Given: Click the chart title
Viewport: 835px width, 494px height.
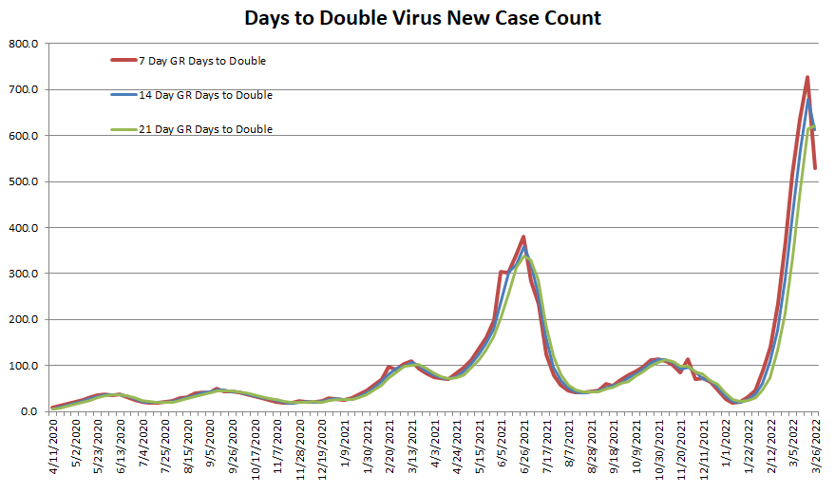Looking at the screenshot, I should pos(423,18).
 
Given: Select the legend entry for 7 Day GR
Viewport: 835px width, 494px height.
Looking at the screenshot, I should pos(201,61).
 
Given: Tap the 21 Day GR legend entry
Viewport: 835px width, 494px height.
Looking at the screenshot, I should pos(205,129).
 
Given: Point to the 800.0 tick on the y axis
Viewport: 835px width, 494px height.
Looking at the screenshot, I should pos(23,44).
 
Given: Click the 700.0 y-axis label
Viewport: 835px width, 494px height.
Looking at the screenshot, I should pos(23,90).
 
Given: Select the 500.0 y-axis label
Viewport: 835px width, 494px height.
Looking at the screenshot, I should pos(23,181).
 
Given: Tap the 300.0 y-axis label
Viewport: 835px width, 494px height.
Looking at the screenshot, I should pos(23,274).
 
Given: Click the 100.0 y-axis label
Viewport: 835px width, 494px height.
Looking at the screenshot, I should pos(23,366).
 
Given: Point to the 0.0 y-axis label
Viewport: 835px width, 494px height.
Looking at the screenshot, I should pos(28,411).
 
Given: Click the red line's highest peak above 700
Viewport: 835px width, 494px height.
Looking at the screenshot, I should pos(807,78).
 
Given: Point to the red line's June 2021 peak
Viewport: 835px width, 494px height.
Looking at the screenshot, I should pos(523,237).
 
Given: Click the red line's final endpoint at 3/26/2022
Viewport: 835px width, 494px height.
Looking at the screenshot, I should pos(815,168).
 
